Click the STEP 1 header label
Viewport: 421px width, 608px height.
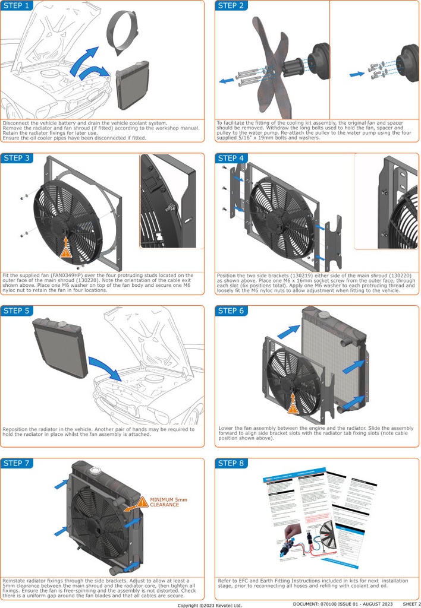(x=16, y=6)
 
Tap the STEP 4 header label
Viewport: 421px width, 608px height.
(x=231, y=158)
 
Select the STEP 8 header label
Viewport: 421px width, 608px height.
(x=231, y=463)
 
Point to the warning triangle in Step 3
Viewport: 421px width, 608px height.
(x=65, y=251)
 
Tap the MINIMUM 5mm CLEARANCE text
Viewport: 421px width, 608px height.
(x=168, y=502)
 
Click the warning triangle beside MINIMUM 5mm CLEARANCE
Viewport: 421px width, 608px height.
(x=142, y=502)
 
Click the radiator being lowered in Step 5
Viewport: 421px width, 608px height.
(x=59, y=347)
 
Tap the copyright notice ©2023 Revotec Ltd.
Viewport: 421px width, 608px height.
(x=210, y=605)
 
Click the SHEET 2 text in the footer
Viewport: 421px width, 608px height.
(x=411, y=604)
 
